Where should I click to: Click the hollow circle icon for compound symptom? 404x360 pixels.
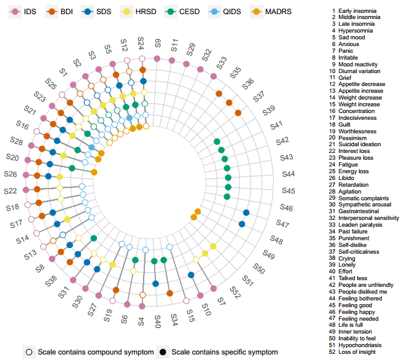click(29, 352)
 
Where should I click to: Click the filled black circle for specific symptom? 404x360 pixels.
click(163, 352)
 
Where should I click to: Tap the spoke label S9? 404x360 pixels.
click(158, 43)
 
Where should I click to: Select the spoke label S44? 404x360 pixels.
click(288, 174)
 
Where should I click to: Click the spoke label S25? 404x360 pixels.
click(50, 85)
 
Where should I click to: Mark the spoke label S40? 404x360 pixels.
click(157, 321)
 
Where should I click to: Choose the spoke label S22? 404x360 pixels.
click(10, 190)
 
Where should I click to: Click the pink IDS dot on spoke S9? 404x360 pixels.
click(157, 58)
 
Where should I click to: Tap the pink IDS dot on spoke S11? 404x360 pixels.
click(173, 60)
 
